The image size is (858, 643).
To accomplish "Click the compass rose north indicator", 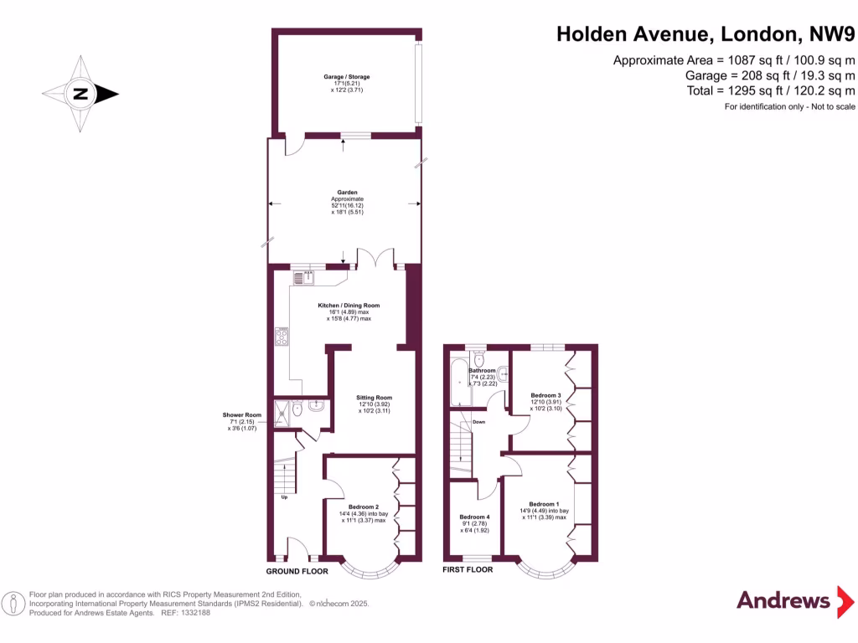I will tap(80, 94).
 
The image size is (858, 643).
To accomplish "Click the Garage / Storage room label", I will tap(346, 77).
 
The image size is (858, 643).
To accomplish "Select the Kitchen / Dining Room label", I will tap(349, 306).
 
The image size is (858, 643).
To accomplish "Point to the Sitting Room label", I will tap(374, 398).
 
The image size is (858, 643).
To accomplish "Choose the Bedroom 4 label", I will tap(474, 517).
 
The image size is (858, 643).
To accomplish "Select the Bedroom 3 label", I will tap(545, 394).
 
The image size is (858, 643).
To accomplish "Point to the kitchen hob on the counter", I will tap(282, 337).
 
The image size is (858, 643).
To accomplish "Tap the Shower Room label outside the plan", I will tap(242, 415).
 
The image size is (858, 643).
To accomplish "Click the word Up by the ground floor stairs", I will tap(285, 496).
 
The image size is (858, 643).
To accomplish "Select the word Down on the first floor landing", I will tap(478, 422).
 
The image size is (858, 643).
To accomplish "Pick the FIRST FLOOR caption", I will tap(468, 569).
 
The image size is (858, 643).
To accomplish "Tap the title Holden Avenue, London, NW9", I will tap(706, 34).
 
